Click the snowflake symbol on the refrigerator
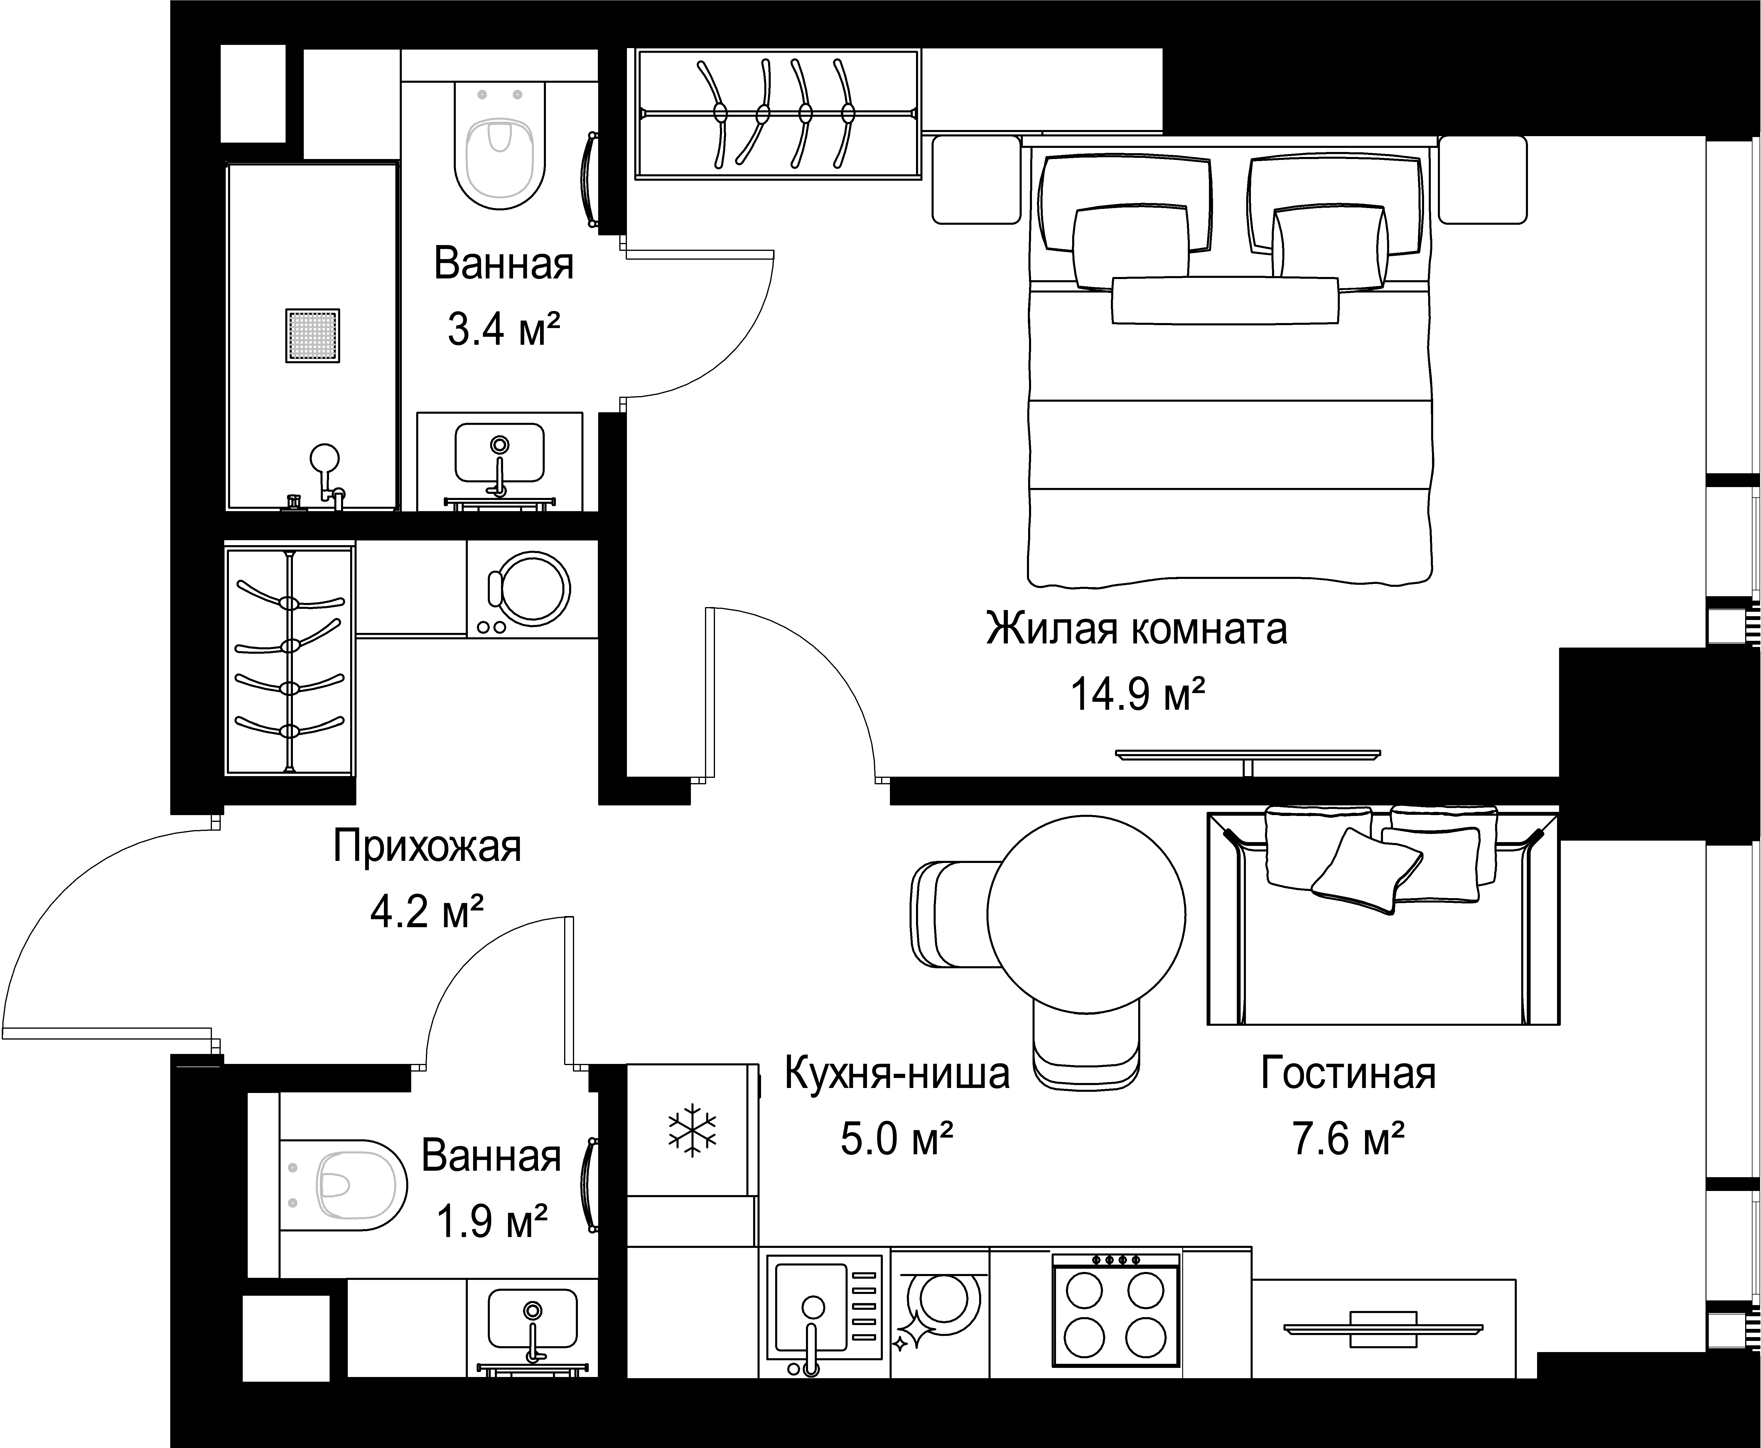pyautogui.click(x=691, y=1131)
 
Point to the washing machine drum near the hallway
pyautogui.click(x=531, y=589)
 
